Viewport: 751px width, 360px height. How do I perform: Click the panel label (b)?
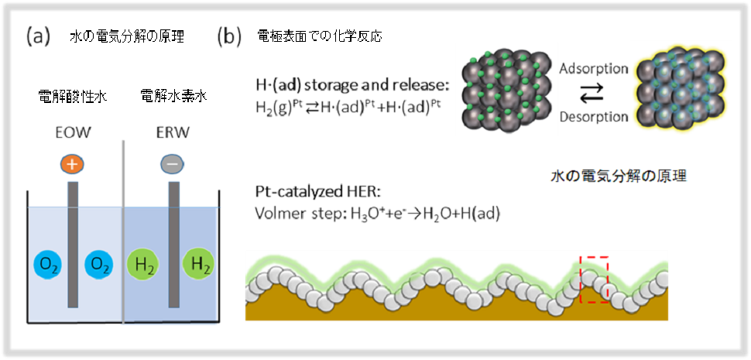[x=230, y=36]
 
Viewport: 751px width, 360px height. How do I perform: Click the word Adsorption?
[x=593, y=68]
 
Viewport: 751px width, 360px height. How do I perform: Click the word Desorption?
[x=593, y=118]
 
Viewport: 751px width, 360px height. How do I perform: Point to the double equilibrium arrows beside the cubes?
[x=593, y=94]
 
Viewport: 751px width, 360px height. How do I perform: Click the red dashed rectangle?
[x=594, y=279]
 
